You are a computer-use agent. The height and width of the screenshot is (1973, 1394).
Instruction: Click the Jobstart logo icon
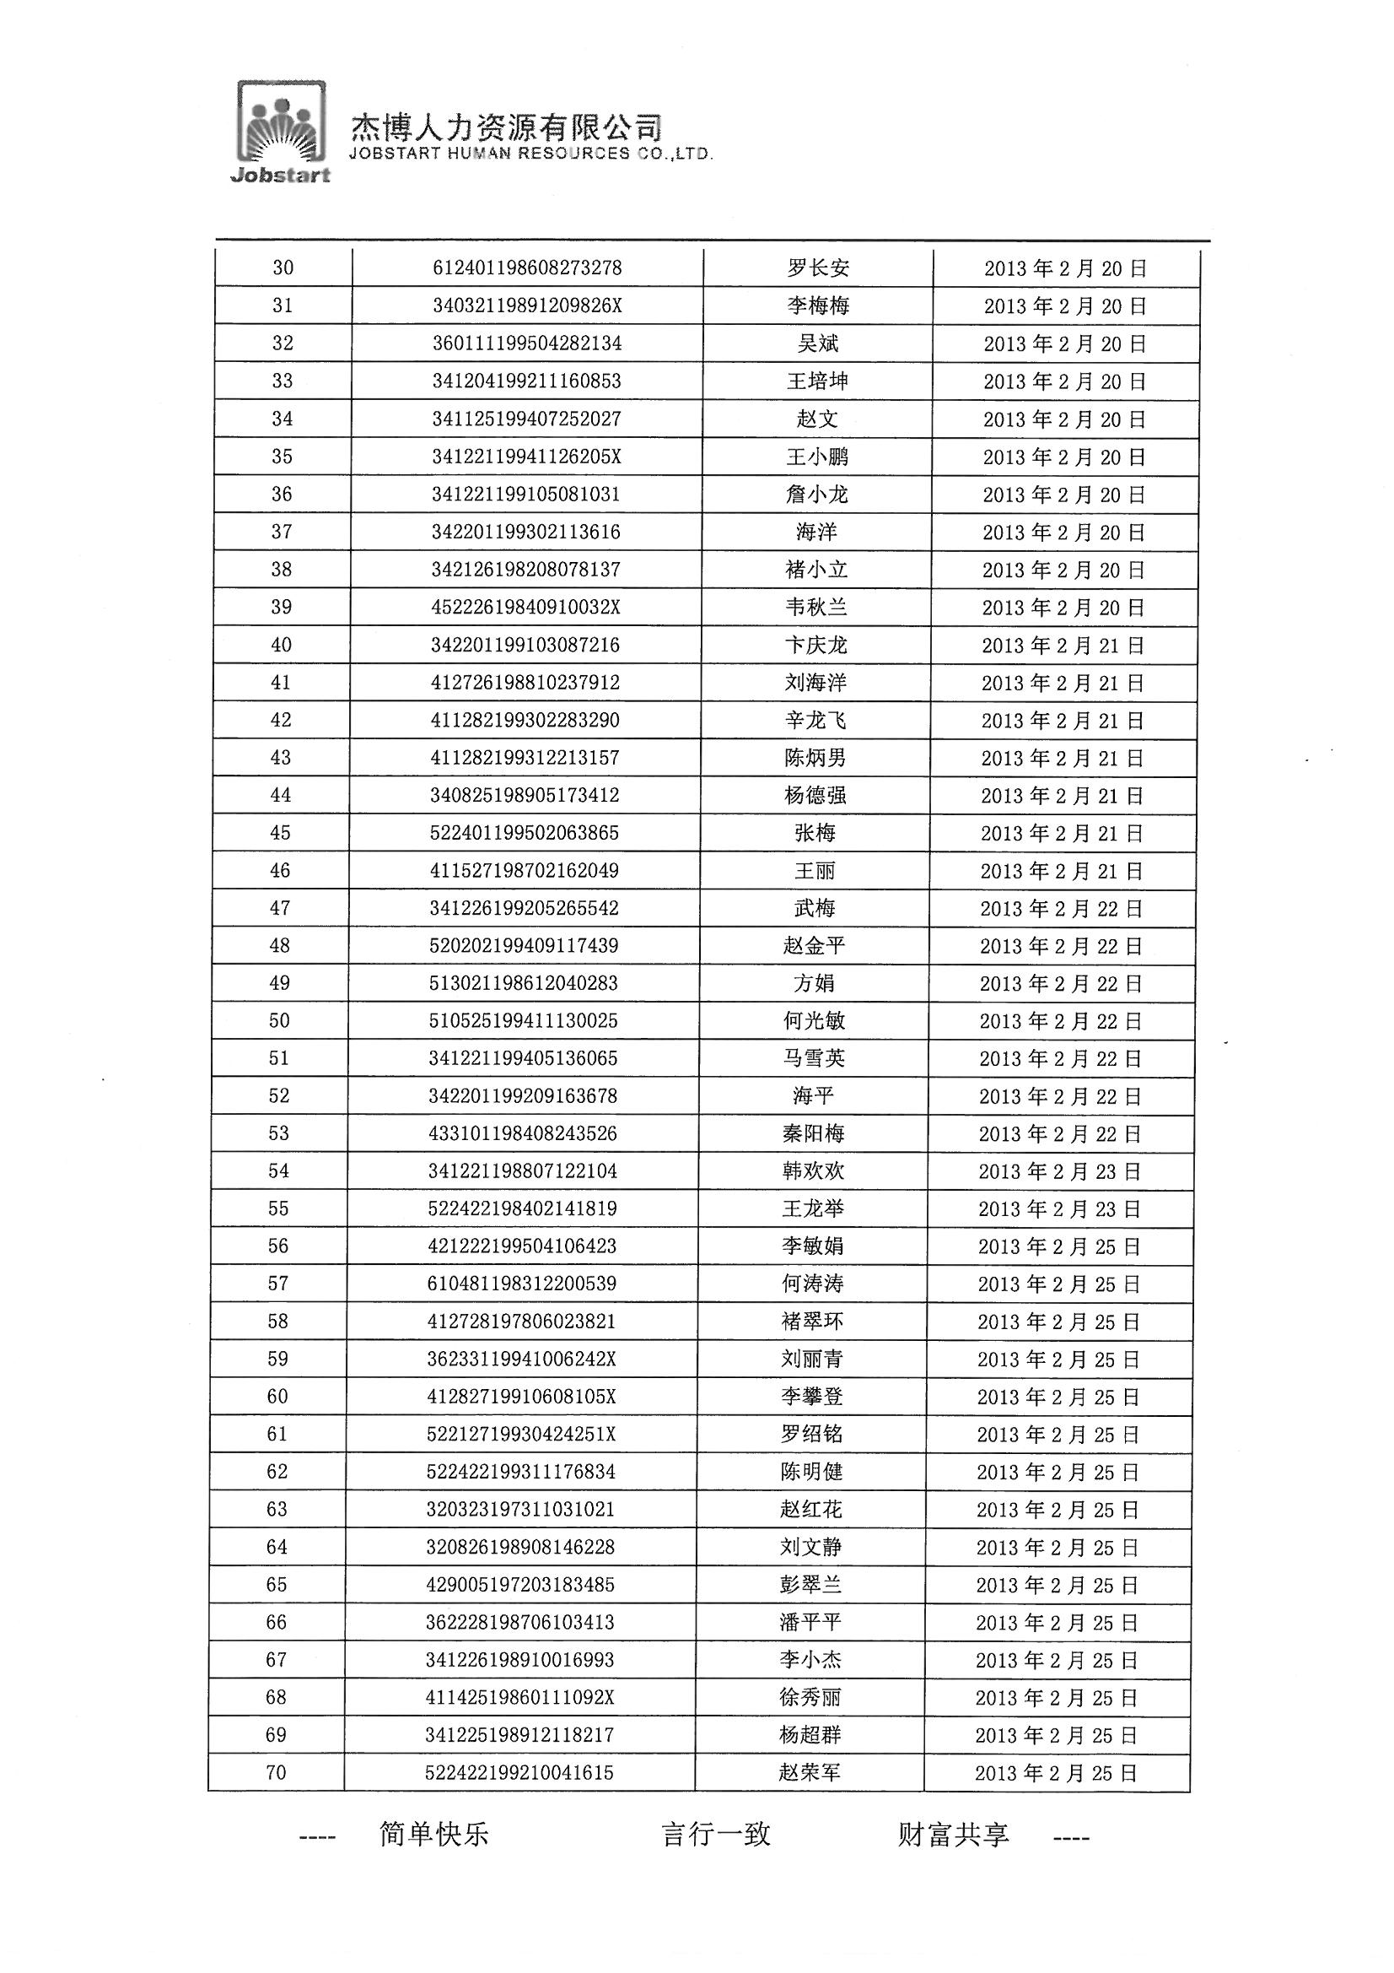point(282,131)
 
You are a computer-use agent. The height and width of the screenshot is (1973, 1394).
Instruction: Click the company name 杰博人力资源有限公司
point(506,128)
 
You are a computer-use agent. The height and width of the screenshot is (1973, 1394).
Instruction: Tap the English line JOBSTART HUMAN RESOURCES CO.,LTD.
point(530,154)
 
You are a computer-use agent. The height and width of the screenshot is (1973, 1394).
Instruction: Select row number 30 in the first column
point(283,268)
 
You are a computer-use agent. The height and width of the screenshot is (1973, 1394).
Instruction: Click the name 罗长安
point(818,268)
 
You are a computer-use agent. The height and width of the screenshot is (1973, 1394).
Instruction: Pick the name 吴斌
point(818,343)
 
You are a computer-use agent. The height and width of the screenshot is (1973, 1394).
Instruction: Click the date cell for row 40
point(1063,646)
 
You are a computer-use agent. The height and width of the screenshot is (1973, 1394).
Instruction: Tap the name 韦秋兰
point(816,608)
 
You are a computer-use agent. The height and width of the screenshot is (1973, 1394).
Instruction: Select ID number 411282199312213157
point(525,758)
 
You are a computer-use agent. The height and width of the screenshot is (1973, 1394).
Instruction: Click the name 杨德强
point(815,796)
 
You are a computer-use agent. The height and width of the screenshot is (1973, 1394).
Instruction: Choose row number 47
point(280,908)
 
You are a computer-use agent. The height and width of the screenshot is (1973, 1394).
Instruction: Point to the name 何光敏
point(815,1021)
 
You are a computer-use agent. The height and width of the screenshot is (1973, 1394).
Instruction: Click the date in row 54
point(1059,1172)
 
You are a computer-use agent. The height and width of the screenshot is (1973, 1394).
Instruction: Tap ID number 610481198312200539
point(522,1284)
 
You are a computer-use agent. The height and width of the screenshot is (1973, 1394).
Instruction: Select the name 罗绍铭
point(811,1435)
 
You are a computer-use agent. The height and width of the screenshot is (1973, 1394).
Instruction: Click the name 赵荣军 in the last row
point(809,1773)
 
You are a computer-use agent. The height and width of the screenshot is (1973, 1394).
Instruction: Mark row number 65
point(277,1585)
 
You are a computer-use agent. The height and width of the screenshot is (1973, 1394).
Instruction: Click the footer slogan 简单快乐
point(433,1835)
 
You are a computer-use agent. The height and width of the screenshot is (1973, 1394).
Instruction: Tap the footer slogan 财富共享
point(954,1835)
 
